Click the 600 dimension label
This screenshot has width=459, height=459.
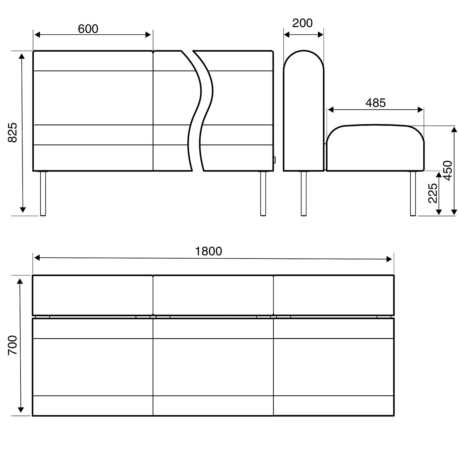tap(88, 29)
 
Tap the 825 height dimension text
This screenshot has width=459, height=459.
tap(13, 133)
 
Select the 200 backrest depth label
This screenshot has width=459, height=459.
tap(302, 23)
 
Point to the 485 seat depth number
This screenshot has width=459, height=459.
tap(375, 103)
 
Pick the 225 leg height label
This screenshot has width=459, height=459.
tap(433, 193)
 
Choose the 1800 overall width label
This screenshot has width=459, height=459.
tap(208, 251)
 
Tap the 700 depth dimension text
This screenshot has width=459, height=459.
tap(13, 345)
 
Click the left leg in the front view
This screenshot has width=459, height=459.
tap(43, 194)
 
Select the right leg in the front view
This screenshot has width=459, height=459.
tap(263, 194)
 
